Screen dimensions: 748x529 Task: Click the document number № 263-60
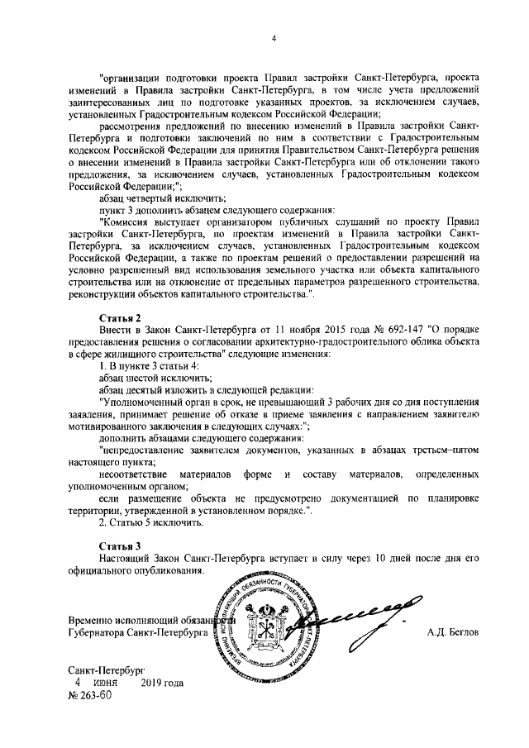tap(88, 695)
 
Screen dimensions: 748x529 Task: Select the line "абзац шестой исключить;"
tap(145, 377)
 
